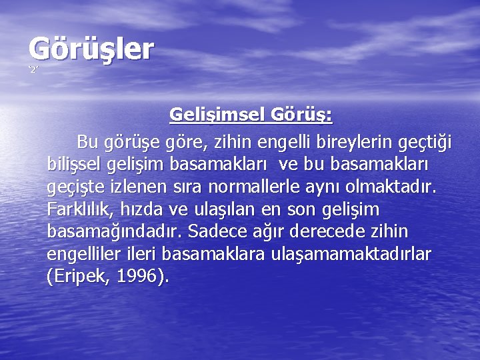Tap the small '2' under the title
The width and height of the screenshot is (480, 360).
click(x=33, y=70)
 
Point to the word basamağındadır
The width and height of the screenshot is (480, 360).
click(x=115, y=232)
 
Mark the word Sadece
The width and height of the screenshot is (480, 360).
click(x=217, y=231)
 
